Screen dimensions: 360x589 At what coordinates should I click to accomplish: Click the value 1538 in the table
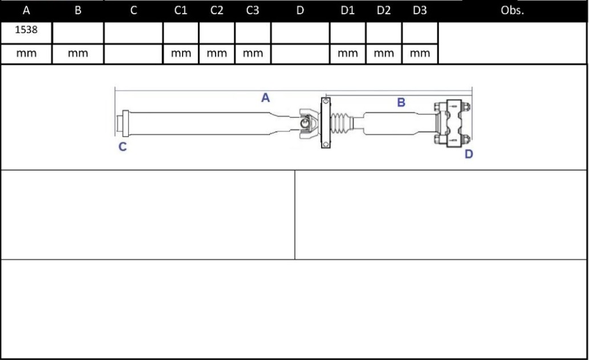pos(26,30)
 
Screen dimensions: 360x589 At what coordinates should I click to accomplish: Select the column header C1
pos(181,11)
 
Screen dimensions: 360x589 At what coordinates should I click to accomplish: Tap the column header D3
pos(420,11)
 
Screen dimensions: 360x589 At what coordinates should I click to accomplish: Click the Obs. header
pos(511,11)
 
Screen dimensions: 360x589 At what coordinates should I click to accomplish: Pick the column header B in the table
pos(78,11)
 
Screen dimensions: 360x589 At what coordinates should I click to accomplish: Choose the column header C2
pos(217,11)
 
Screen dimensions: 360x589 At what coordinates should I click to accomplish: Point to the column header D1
pos(347,11)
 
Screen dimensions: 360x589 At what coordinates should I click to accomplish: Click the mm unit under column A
pos(26,54)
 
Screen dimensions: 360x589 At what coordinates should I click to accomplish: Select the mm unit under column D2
pos(384,54)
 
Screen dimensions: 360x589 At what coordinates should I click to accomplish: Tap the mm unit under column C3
pos(253,54)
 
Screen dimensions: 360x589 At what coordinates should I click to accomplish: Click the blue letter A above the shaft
pos(265,98)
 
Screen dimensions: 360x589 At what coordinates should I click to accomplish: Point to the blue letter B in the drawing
pos(401,103)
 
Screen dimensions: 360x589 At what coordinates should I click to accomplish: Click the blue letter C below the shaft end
pos(123,147)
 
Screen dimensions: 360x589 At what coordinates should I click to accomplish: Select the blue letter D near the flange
pos(469,154)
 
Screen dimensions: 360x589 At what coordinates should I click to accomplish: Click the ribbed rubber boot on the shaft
pos(342,123)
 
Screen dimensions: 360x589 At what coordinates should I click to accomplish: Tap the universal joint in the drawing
pos(306,123)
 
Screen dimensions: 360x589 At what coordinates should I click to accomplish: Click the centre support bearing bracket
pos(326,123)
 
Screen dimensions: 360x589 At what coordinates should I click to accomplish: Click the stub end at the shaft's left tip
pos(120,123)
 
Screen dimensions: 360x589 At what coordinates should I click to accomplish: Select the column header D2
pos(384,11)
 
